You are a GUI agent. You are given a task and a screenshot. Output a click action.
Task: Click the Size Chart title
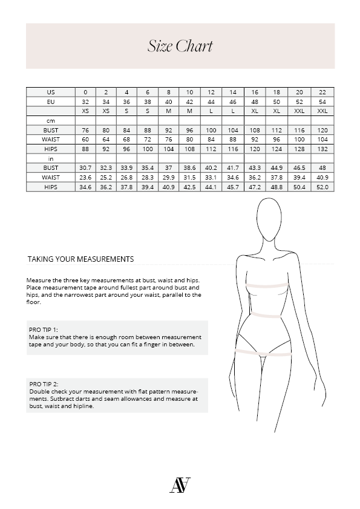[180, 47]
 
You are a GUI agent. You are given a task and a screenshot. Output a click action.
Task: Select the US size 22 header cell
[322, 92]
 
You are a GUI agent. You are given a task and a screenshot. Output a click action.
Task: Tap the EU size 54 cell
[322, 102]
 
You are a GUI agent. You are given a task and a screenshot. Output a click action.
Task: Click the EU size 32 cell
[85, 102]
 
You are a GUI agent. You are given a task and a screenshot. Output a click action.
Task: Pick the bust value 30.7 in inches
[85, 167]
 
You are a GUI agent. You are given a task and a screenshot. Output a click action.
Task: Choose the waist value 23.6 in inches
[85, 177]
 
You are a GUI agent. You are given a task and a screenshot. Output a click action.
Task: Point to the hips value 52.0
[322, 187]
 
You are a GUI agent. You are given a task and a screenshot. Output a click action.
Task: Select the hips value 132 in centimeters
[322, 149]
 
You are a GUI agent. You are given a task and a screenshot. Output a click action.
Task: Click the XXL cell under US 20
[299, 111]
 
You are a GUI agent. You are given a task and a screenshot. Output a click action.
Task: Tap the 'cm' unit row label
[51, 121]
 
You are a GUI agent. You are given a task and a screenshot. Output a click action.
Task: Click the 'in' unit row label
[51, 158]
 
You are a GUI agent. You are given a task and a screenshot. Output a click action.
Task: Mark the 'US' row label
[51, 92]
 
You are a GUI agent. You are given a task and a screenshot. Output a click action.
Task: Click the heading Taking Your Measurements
[80, 259]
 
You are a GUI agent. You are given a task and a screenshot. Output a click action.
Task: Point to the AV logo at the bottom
[180, 485]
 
